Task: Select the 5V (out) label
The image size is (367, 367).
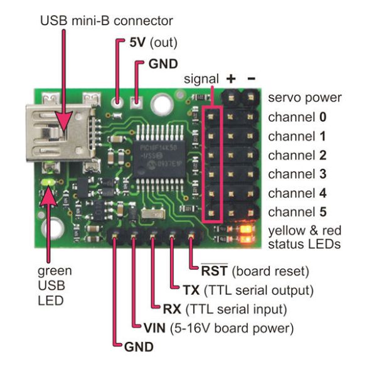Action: [x=153, y=43]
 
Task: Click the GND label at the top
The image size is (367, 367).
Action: [x=162, y=63]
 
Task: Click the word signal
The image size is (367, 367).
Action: [x=201, y=79]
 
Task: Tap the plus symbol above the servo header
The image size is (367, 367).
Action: [x=231, y=79]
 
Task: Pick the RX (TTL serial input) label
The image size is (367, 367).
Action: [x=224, y=309]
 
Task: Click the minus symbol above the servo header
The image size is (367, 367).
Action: [x=250, y=79]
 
